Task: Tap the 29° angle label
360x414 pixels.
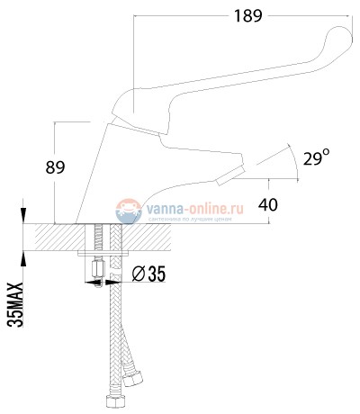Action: pos(314,158)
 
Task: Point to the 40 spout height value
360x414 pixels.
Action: pos(267,204)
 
